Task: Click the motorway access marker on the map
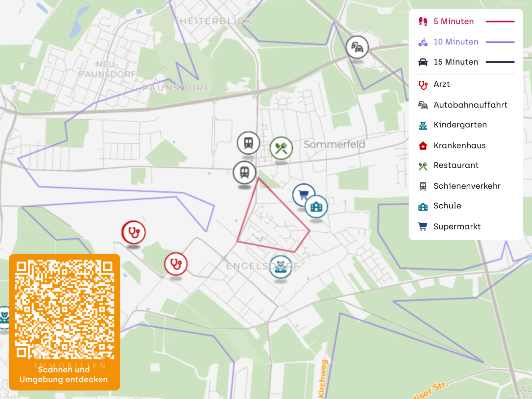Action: tap(357, 47)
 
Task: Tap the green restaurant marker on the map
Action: tap(281, 148)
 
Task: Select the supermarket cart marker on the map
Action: tap(303, 194)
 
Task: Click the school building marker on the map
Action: tap(316, 207)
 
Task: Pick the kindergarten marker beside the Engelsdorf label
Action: tap(281, 267)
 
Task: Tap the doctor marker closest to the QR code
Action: tap(176, 264)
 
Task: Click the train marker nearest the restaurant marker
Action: tap(248, 143)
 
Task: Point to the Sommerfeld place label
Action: tap(334, 144)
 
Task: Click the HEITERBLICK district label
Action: tap(216, 21)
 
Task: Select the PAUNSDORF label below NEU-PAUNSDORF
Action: tap(176, 88)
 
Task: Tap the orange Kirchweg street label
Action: tap(323, 379)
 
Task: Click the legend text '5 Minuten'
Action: tap(453, 21)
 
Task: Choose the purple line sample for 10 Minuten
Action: tap(500, 42)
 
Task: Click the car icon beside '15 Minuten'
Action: tap(423, 62)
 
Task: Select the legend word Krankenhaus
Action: tap(459, 146)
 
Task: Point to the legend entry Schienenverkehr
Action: tap(467, 186)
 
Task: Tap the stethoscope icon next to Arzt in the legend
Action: tap(423, 85)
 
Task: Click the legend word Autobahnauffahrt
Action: tap(470, 105)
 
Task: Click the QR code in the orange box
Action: tap(64, 309)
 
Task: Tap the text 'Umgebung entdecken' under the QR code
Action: tap(64, 379)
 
